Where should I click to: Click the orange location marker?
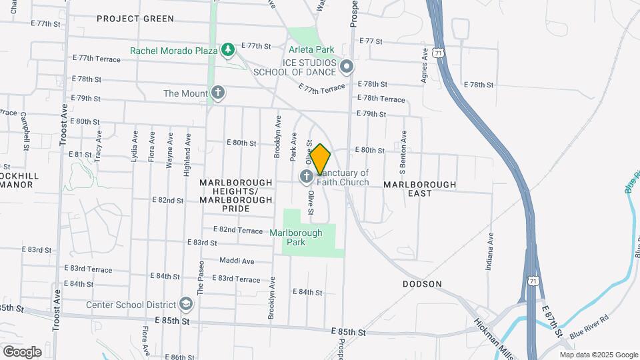click(x=321, y=159)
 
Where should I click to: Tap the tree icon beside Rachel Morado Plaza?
click(x=228, y=50)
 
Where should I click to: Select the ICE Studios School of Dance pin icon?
click(x=346, y=67)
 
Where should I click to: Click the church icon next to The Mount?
click(x=217, y=93)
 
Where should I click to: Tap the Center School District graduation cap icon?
click(x=186, y=305)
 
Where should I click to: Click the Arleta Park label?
click(x=311, y=49)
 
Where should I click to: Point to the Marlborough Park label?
click(x=296, y=238)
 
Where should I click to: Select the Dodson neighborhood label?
click(x=422, y=284)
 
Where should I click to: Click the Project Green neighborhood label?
click(x=135, y=19)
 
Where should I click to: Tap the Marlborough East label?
click(x=420, y=189)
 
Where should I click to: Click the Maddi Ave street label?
click(x=237, y=261)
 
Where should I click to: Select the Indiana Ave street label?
click(x=491, y=247)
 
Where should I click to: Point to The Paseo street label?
click(x=200, y=278)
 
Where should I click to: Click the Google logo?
click(x=22, y=351)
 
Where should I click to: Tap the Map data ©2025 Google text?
click(x=598, y=355)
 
